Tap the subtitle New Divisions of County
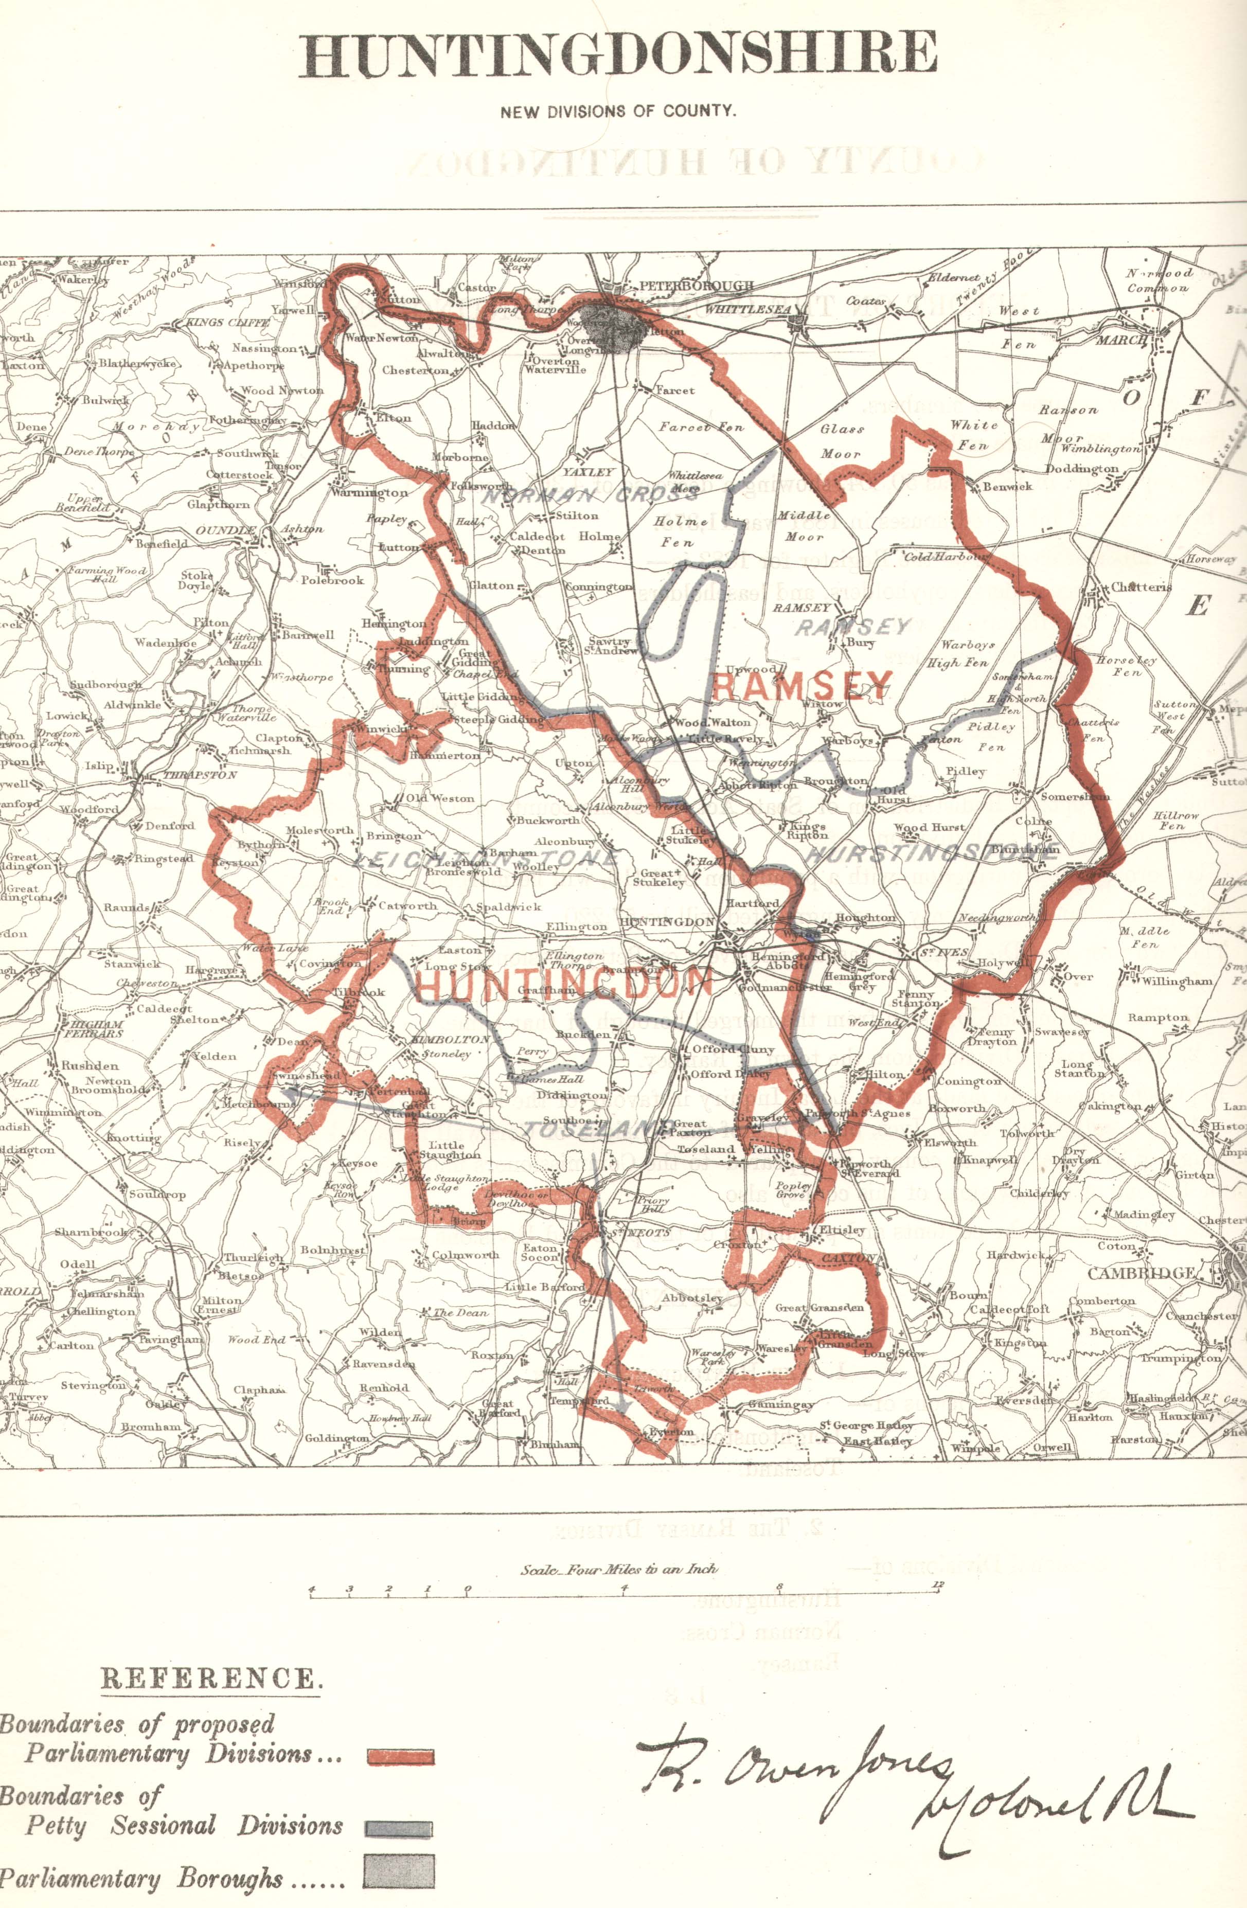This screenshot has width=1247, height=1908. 617,112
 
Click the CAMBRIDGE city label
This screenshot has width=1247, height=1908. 1141,1273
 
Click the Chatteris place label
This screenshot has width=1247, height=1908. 1141,587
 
